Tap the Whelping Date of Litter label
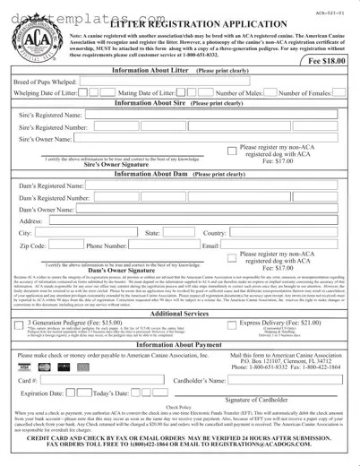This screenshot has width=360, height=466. tap(46, 92)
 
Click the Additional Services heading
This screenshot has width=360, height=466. tap(180, 314)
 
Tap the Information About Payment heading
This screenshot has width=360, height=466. tap(180, 344)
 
